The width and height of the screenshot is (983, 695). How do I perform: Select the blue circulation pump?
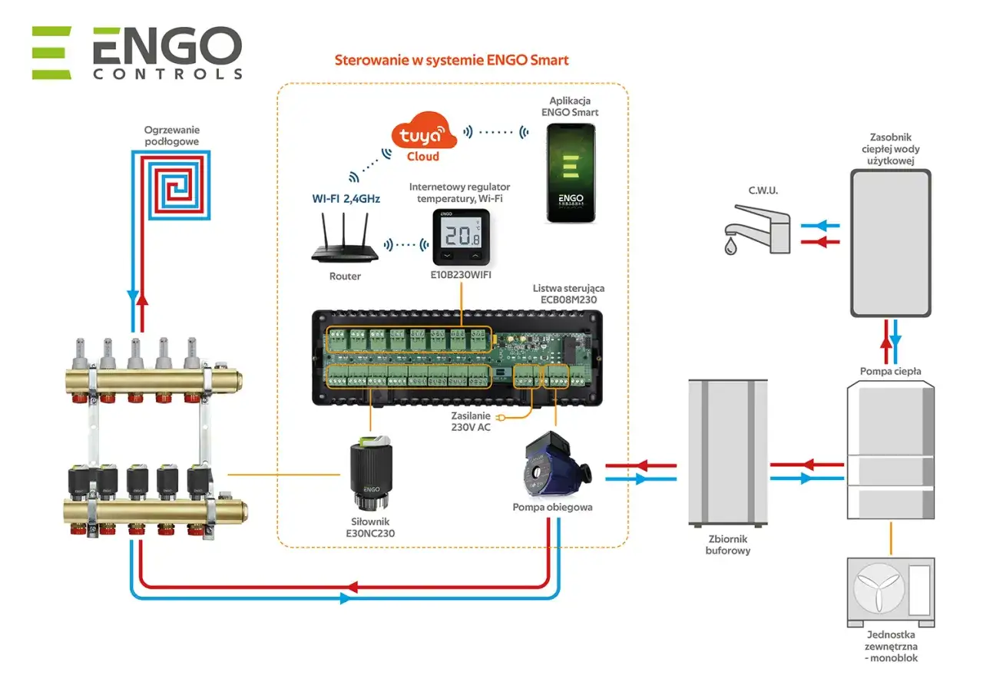point(551,468)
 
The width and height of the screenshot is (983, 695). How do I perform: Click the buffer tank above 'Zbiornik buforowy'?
point(727,450)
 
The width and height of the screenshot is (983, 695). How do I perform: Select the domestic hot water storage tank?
point(890,243)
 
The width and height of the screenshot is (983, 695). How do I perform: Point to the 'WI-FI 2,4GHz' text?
point(345,198)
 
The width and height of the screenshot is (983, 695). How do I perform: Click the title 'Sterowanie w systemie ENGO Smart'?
point(452,60)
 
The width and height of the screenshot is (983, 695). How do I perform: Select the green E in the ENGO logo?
point(51,53)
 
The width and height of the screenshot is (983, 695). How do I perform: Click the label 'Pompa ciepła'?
point(890,372)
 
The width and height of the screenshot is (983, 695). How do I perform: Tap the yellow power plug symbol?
point(503,418)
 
